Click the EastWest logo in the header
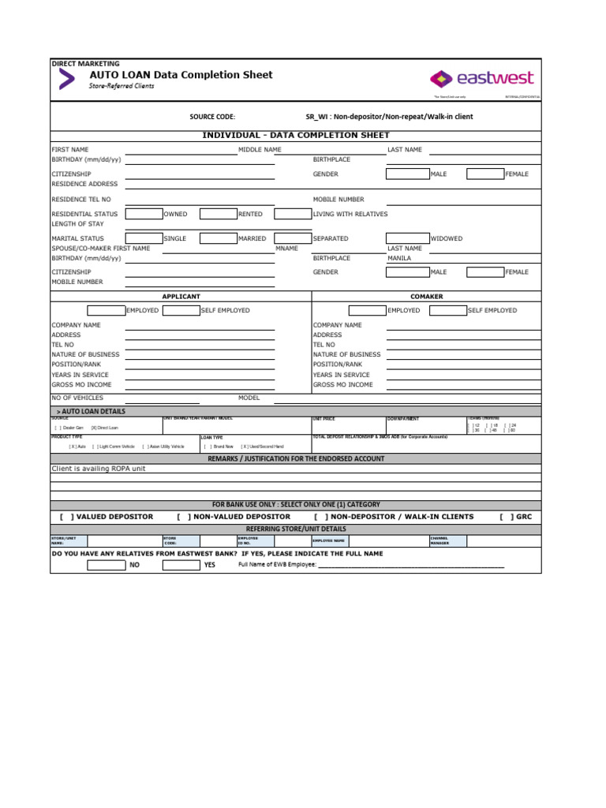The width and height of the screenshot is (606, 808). pyautogui.click(x=481, y=78)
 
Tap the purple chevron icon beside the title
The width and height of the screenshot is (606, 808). pyautogui.click(x=67, y=79)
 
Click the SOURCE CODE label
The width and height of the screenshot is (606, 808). pyautogui.click(x=212, y=117)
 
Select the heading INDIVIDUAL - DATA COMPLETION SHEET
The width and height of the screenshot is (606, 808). pyautogui.click(x=296, y=136)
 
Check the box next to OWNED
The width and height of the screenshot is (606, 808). pyautogui.click(x=144, y=214)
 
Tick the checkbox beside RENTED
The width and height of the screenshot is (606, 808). pyautogui.click(x=219, y=214)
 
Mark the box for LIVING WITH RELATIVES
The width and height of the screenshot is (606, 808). pyautogui.click(x=293, y=214)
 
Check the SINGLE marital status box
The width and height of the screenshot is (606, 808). pyautogui.click(x=144, y=238)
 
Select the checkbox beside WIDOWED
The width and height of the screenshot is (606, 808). pyautogui.click(x=407, y=238)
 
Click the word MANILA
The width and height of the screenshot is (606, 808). pyautogui.click(x=399, y=258)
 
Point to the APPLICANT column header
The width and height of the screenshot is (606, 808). pyautogui.click(x=181, y=297)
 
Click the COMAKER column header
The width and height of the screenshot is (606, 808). pyautogui.click(x=427, y=297)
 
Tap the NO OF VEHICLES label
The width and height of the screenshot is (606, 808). pyautogui.click(x=77, y=398)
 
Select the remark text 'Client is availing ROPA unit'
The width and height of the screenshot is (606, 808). pyautogui.click(x=99, y=469)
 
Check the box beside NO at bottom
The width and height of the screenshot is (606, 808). pyautogui.click(x=106, y=565)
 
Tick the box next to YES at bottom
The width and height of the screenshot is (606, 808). pyautogui.click(x=181, y=565)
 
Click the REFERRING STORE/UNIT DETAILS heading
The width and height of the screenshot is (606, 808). pyautogui.click(x=296, y=529)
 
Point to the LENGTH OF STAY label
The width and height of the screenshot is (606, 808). pyautogui.click(x=77, y=224)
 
